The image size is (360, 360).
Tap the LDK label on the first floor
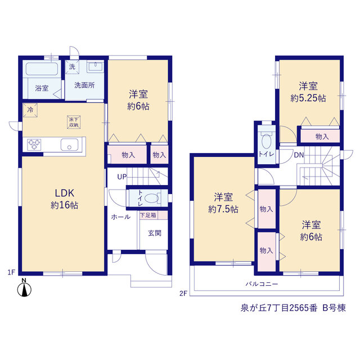pyautogui.click(x=65, y=193)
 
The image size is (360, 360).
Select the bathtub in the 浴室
pyautogui.click(x=42, y=69)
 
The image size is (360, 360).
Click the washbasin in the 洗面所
pyautogui.click(x=95, y=67)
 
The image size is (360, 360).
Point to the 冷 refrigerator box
pyautogui.click(x=30, y=110)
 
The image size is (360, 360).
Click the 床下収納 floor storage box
pyautogui.click(x=74, y=122)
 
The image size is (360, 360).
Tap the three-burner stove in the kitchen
pyautogui.click(x=34, y=145)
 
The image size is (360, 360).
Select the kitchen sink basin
pyautogui.click(x=69, y=145)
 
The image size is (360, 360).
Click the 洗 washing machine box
pyautogui.click(x=72, y=67)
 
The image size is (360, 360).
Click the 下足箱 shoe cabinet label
pyautogui.click(x=148, y=215)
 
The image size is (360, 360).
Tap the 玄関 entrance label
pyautogui.click(x=155, y=233)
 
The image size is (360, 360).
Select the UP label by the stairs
pyautogui.click(x=122, y=177)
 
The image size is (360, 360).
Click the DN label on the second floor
pyautogui.click(x=299, y=155)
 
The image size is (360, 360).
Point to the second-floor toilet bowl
pyautogui.click(x=266, y=141)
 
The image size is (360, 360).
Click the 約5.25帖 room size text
pyautogui.click(x=308, y=98)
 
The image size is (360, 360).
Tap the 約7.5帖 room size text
pyautogui.click(x=223, y=209)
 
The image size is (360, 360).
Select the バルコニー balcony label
pyautogui.click(x=262, y=284)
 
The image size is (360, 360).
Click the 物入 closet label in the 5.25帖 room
pyautogui.click(x=322, y=137)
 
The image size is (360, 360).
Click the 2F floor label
pyautogui.click(x=183, y=294)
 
